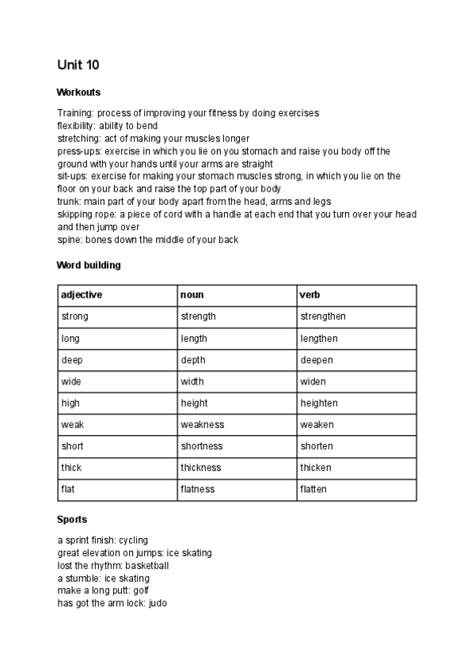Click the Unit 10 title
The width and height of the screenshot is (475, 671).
point(78,64)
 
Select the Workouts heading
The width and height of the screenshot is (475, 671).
point(78,93)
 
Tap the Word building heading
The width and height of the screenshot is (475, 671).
point(89,265)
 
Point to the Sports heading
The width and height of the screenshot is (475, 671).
point(72,520)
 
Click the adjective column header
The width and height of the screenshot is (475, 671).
point(82,295)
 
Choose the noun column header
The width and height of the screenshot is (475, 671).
point(192,295)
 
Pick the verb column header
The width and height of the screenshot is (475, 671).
point(310,295)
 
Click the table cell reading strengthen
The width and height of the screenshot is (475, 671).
point(323,317)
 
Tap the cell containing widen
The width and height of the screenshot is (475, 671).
point(313,381)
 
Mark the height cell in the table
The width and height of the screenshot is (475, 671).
point(195,403)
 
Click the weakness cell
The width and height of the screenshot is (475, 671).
point(203,425)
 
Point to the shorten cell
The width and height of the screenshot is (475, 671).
point(317,446)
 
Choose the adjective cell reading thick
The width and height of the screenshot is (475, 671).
point(72,468)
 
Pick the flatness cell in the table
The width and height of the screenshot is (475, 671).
point(198,489)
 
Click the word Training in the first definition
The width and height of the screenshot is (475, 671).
point(75,113)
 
